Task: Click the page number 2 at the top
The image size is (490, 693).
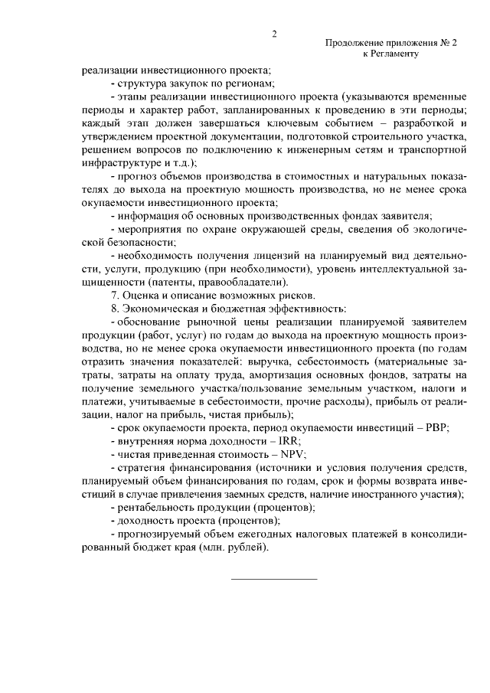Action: pyautogui.click(x=273, y=34)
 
